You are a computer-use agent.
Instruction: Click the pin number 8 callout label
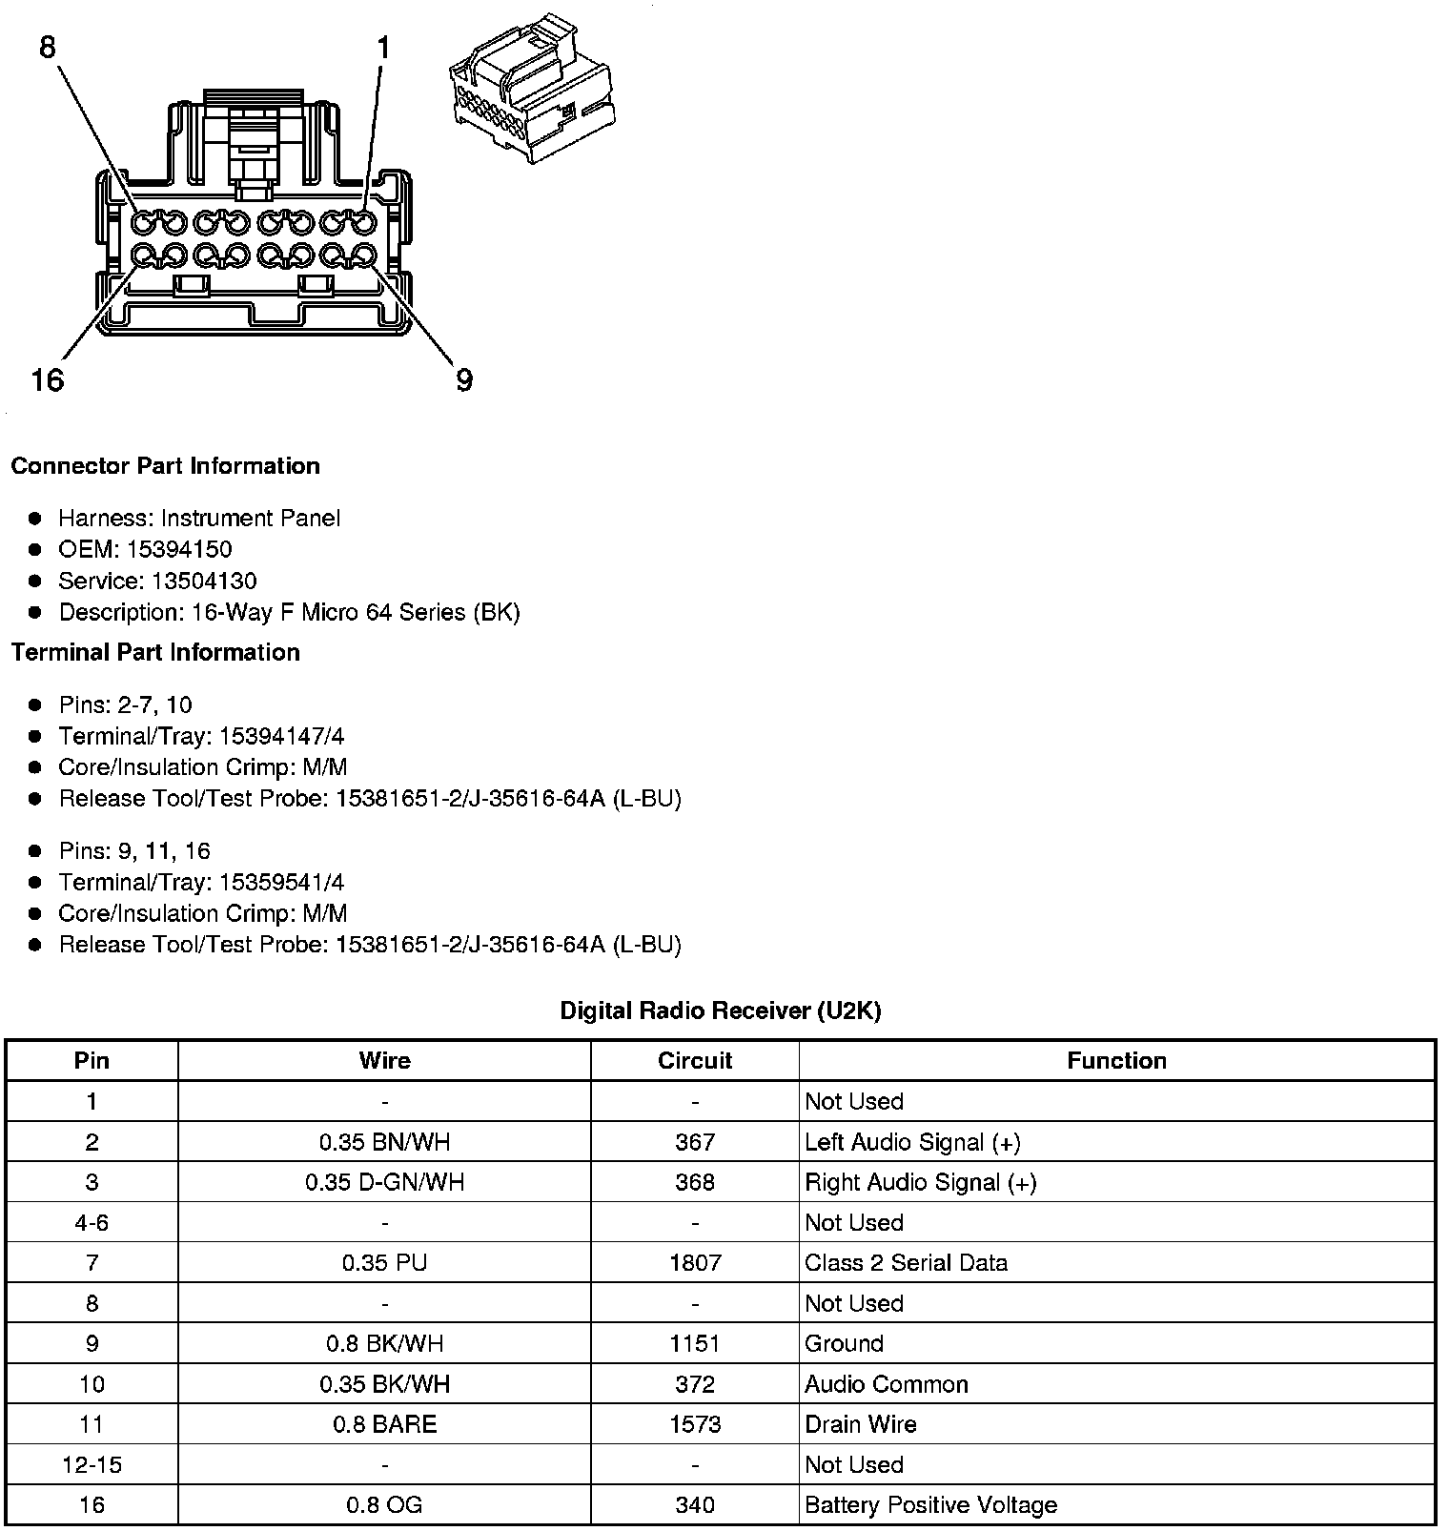[48, 47]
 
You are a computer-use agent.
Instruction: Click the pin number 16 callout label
[47, 380]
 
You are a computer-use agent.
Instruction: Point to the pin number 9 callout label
[464, 380]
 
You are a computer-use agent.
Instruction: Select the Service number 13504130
[204, 581]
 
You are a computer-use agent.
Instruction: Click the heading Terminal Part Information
[155, 652]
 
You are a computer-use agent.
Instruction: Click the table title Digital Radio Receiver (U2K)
[720, 1010]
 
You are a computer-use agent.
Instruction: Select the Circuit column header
[694, 1061]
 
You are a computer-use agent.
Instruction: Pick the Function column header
[1116, 1061]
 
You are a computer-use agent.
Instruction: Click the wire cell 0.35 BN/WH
[384, 1142]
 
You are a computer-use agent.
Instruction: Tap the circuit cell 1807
[694, 1263]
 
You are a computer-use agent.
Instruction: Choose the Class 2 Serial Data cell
[906, 1263]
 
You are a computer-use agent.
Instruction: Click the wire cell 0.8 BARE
[384, 1424]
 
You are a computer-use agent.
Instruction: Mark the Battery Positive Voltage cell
[930, 1505]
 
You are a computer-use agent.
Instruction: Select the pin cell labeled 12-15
[92, 1464]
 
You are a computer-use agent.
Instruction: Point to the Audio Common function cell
[886, 1384]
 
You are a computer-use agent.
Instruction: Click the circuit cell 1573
[694, 1424]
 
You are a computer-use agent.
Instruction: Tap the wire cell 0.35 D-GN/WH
[384, 1182]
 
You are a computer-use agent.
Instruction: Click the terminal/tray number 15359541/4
[281, 882]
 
